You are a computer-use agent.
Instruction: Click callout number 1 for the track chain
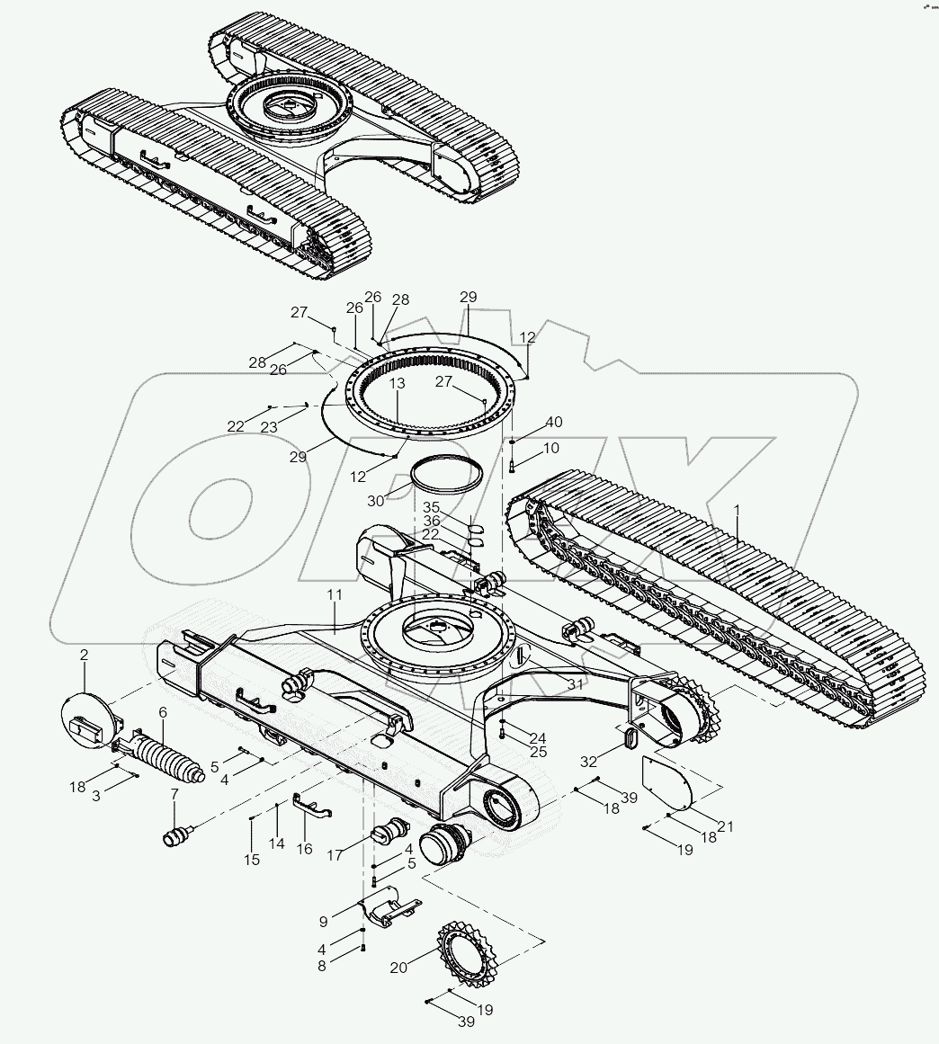[x=737, y=509]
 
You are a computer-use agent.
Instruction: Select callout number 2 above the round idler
[x=84, y=656]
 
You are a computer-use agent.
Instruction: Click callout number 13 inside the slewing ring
[x=397, y=383]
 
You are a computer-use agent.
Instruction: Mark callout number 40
[x=554, y=422]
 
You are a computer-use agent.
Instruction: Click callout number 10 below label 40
[x=551, y=447]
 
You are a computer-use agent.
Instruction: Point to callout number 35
[x=433, y=507]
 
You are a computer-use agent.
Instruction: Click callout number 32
[x=589, y=761]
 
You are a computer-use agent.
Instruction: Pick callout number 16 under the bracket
[x=305, y=849]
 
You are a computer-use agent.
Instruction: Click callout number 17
[x=335, y=856]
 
